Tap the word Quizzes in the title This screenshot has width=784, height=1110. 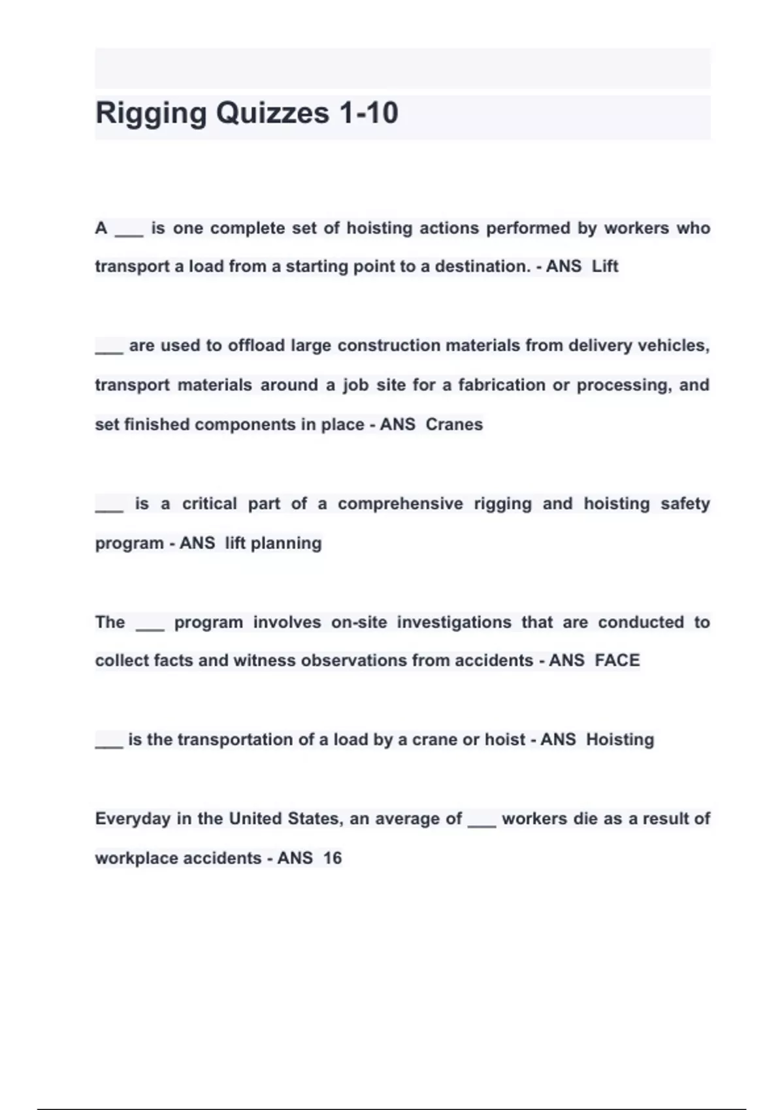[x=272, y=114]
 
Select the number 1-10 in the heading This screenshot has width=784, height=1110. [x=368, y=114]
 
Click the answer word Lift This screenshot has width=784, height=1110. [x=605, y=266]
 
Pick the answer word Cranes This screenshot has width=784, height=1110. [x=454, y=424]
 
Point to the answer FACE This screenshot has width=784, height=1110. [x=617, y=661]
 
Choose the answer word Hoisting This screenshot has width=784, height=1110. [x=620, y=740]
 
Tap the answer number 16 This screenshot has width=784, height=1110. [x=333, y=858]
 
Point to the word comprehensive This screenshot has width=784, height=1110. [x=400, y=504]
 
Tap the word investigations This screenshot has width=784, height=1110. [x=454, y=622]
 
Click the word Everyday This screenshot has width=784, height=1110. [x=133, y=819]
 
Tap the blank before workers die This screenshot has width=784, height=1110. [x=482, y=824]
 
